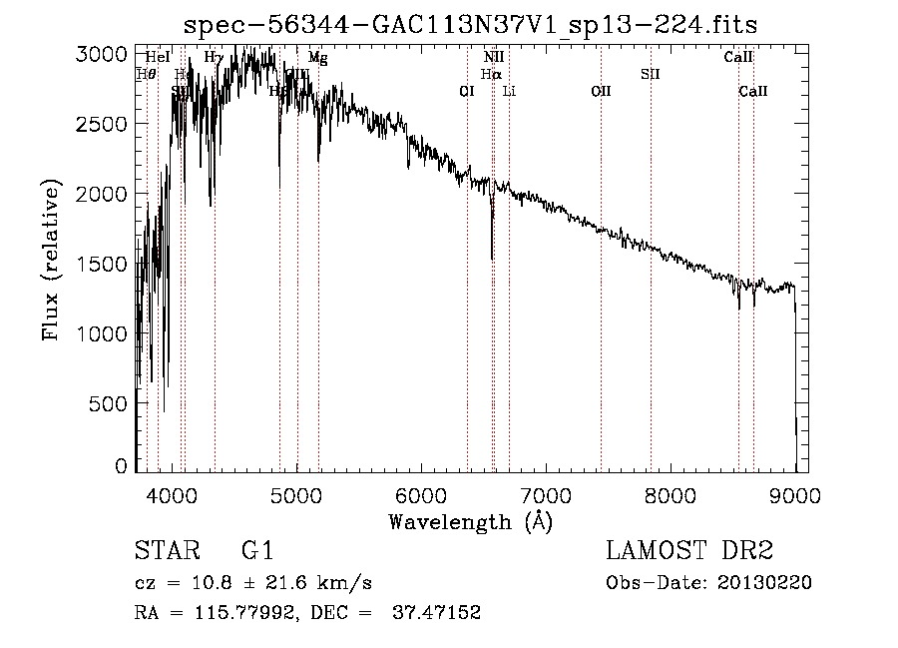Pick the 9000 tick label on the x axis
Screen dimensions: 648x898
click(x=794, y=493)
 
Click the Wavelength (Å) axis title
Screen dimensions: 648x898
click(x=471, y=520)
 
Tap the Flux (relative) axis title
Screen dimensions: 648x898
click(x=51, y=259)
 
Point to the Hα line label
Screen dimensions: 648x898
click(x=490, y=74)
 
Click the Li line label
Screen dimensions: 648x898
click(x=509, y=91)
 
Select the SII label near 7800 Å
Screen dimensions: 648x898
click(x=651, y=74)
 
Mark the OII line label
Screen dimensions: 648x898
click(x=601, y=91)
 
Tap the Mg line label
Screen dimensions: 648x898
click(x=317, y=58)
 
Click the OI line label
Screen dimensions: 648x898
click(x=466, y=91)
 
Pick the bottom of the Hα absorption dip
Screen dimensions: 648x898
click(x=492, y=258)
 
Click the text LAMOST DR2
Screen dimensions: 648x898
click(x=689, y=552)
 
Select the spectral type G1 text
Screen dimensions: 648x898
click(x=256, y=552)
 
